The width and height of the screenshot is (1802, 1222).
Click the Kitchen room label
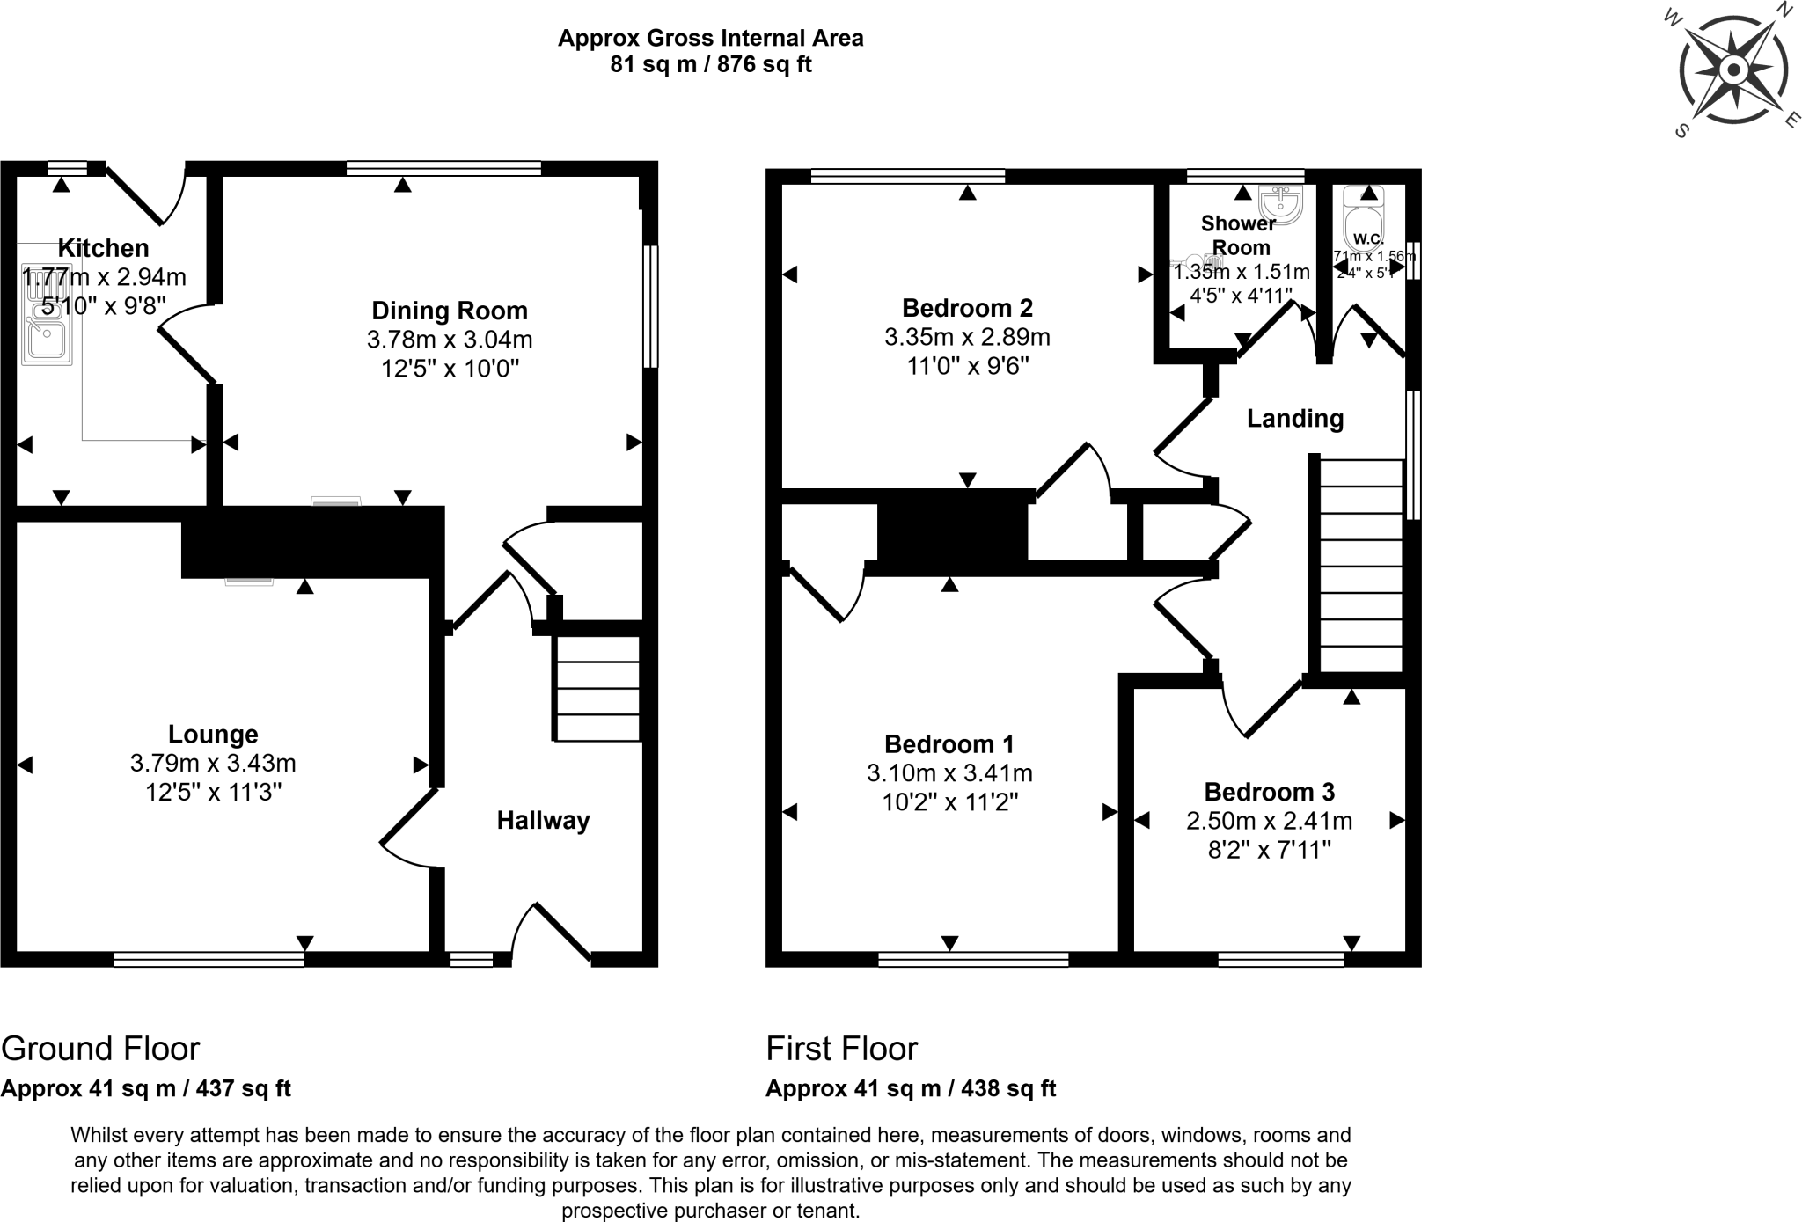103,248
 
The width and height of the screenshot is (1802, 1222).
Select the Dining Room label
449,311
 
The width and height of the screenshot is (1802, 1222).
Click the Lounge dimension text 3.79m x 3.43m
212,764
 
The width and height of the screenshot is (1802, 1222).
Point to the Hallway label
543,821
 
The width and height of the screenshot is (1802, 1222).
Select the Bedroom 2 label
967,308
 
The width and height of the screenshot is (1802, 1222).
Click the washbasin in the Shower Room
1280,205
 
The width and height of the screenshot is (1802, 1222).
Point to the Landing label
1294,419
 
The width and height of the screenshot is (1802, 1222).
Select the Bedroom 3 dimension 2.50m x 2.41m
1269,821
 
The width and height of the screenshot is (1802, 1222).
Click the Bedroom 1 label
949,744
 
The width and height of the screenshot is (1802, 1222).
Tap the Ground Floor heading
100,1049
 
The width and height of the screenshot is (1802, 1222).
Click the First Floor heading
841,1049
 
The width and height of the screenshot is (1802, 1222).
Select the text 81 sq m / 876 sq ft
710,64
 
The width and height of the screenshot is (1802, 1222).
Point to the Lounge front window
209,960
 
